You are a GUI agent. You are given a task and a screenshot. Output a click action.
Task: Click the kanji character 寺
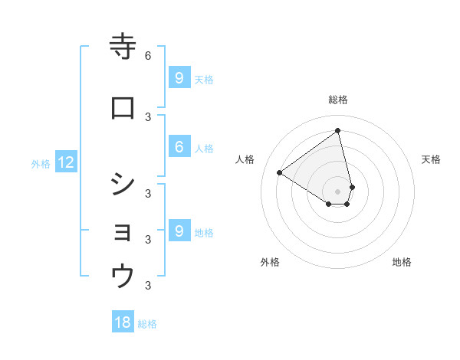tap(123, 47)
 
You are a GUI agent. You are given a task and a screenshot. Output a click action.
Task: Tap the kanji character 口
tap(123, 109)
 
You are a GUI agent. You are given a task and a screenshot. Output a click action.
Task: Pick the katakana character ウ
tap(123, 275)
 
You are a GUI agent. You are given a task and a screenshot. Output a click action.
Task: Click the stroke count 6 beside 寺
tap(148, 55)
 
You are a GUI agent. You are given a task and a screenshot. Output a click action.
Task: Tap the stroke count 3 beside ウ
tap(148, 286)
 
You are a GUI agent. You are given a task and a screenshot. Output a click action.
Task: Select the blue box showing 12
tap(66, 162)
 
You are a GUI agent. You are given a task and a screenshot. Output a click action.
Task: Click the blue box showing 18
tap(123, 322)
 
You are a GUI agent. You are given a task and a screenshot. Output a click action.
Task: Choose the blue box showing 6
tap(179, 148)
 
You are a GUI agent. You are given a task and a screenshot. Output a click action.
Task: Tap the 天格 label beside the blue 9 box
tap(204, 79)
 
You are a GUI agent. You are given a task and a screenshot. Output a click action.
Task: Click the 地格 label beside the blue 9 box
tap(204, 232)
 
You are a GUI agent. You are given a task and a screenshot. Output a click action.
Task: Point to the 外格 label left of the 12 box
tap(41, 163)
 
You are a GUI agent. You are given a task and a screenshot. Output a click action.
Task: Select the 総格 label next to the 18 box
tap(147, 324)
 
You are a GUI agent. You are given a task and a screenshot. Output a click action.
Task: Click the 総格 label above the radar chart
tap(338, 100)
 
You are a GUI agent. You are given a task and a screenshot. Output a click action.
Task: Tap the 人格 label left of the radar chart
tap(245, 159)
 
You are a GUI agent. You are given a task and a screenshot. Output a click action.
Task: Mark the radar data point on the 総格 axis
tap(338, 131)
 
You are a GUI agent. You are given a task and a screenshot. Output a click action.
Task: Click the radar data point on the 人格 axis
tap(280, 173)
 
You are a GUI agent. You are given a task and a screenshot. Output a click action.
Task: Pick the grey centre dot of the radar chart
tap(338, 191)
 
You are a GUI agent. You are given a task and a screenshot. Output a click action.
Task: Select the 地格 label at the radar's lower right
tap(402, 262)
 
